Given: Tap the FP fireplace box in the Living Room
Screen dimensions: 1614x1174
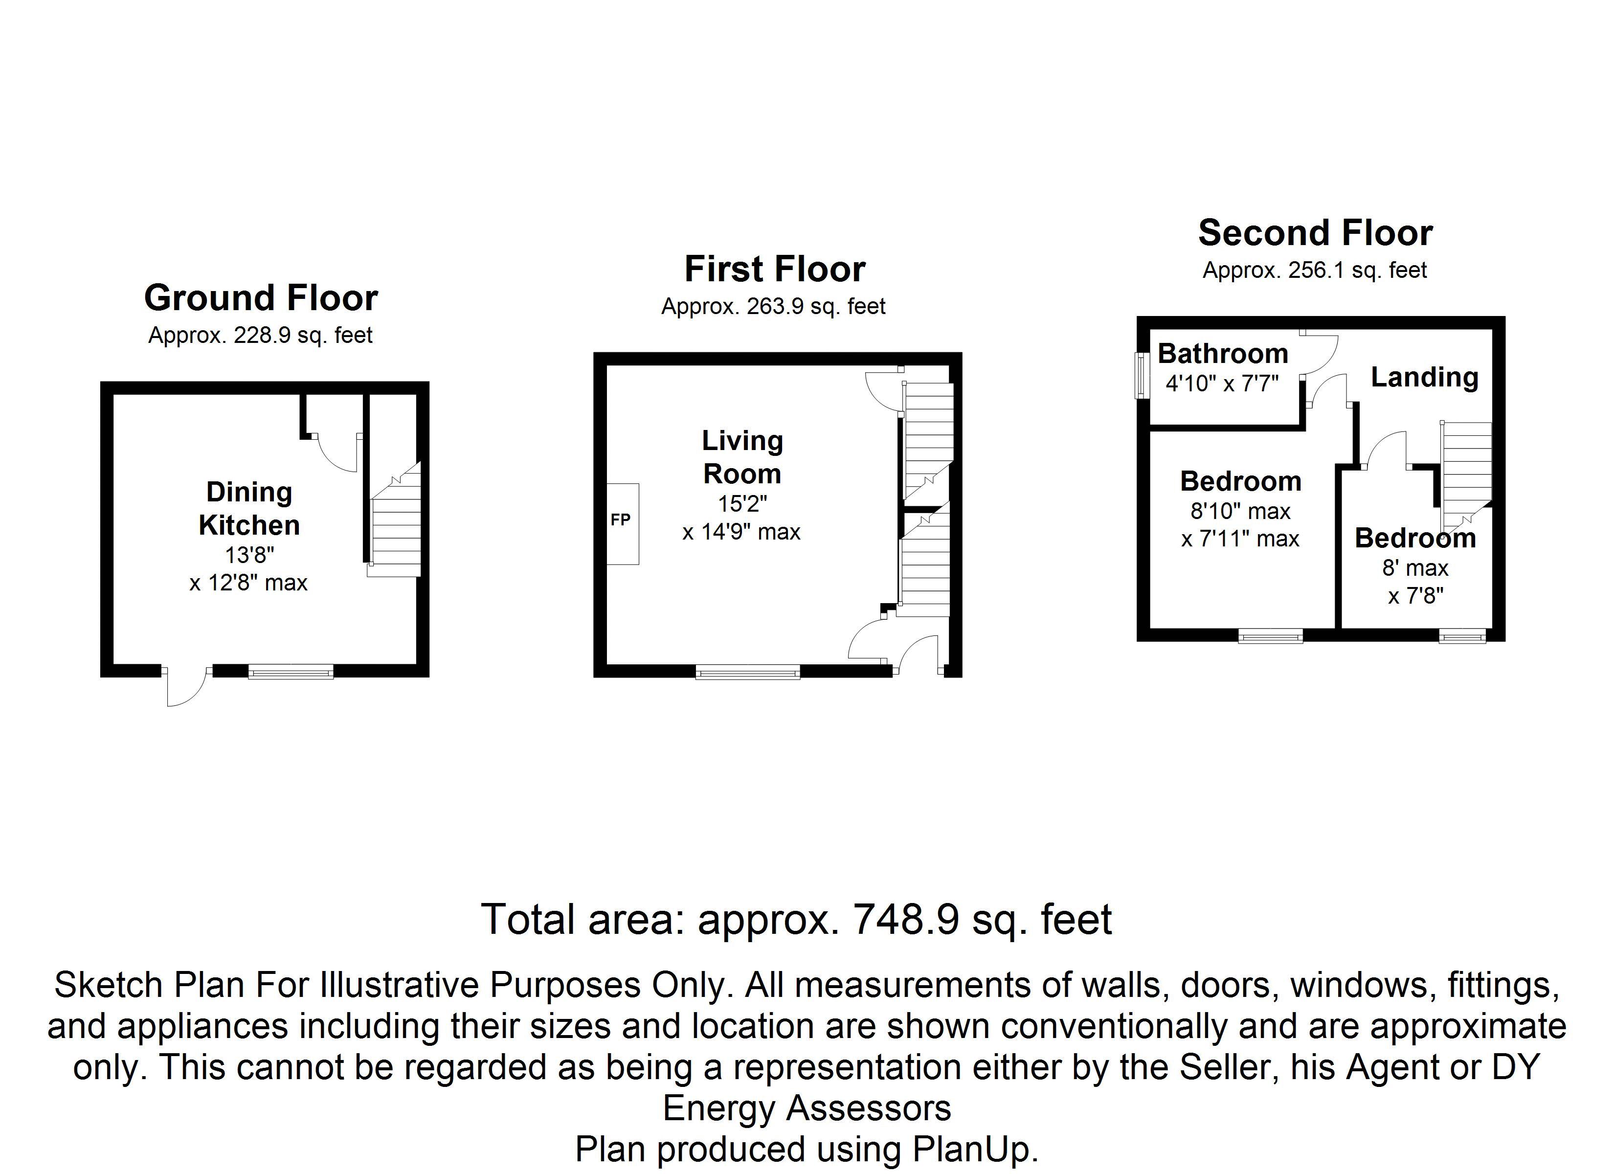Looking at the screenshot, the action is tap(622, 524).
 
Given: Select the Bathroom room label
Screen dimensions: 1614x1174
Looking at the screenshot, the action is tap(1223, 354).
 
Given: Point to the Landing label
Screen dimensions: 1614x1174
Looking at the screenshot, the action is tap(1424, 377).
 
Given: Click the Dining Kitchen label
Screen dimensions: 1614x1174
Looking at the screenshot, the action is tap(249, 508).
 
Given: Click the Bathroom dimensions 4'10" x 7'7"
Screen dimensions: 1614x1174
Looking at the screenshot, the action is tap(1222, 384).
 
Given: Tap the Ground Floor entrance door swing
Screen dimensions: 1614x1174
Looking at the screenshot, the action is tap(185, 687).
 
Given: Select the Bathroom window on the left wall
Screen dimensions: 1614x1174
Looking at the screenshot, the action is tap(1142, 376).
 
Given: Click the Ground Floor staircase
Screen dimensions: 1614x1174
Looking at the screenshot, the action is tap(395, 523).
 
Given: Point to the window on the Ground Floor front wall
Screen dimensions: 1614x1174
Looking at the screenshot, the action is tap(291, 671).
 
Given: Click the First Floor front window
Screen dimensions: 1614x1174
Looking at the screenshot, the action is tap(747, 671).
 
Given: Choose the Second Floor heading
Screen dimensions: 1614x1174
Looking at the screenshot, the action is tap(1315, 233).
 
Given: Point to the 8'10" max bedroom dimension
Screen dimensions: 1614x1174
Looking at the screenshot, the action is tap(1240, 511).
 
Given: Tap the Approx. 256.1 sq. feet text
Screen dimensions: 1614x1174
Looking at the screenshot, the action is tap(1314, 271).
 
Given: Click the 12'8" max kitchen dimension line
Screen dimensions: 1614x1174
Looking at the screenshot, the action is tap(248, 584).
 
